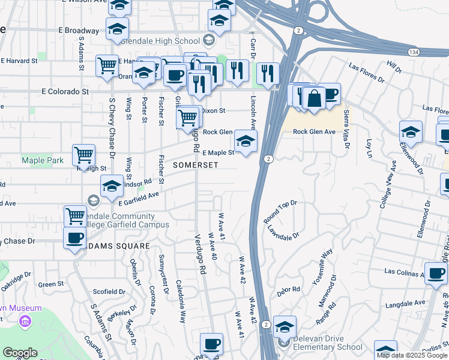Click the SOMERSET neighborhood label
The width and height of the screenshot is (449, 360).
coord(191,164)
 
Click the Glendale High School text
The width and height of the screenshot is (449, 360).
coord(160,41)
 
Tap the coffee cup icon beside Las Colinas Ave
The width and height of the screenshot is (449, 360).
coord(435,273)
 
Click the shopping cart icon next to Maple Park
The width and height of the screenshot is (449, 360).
coord(83,155)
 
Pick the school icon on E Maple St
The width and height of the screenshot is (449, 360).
coord(245,142)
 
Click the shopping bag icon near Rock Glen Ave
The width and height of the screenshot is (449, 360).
coord(314,97)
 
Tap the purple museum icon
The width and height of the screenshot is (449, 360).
coord(24,320)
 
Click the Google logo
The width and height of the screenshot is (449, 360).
coord(19,352)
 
